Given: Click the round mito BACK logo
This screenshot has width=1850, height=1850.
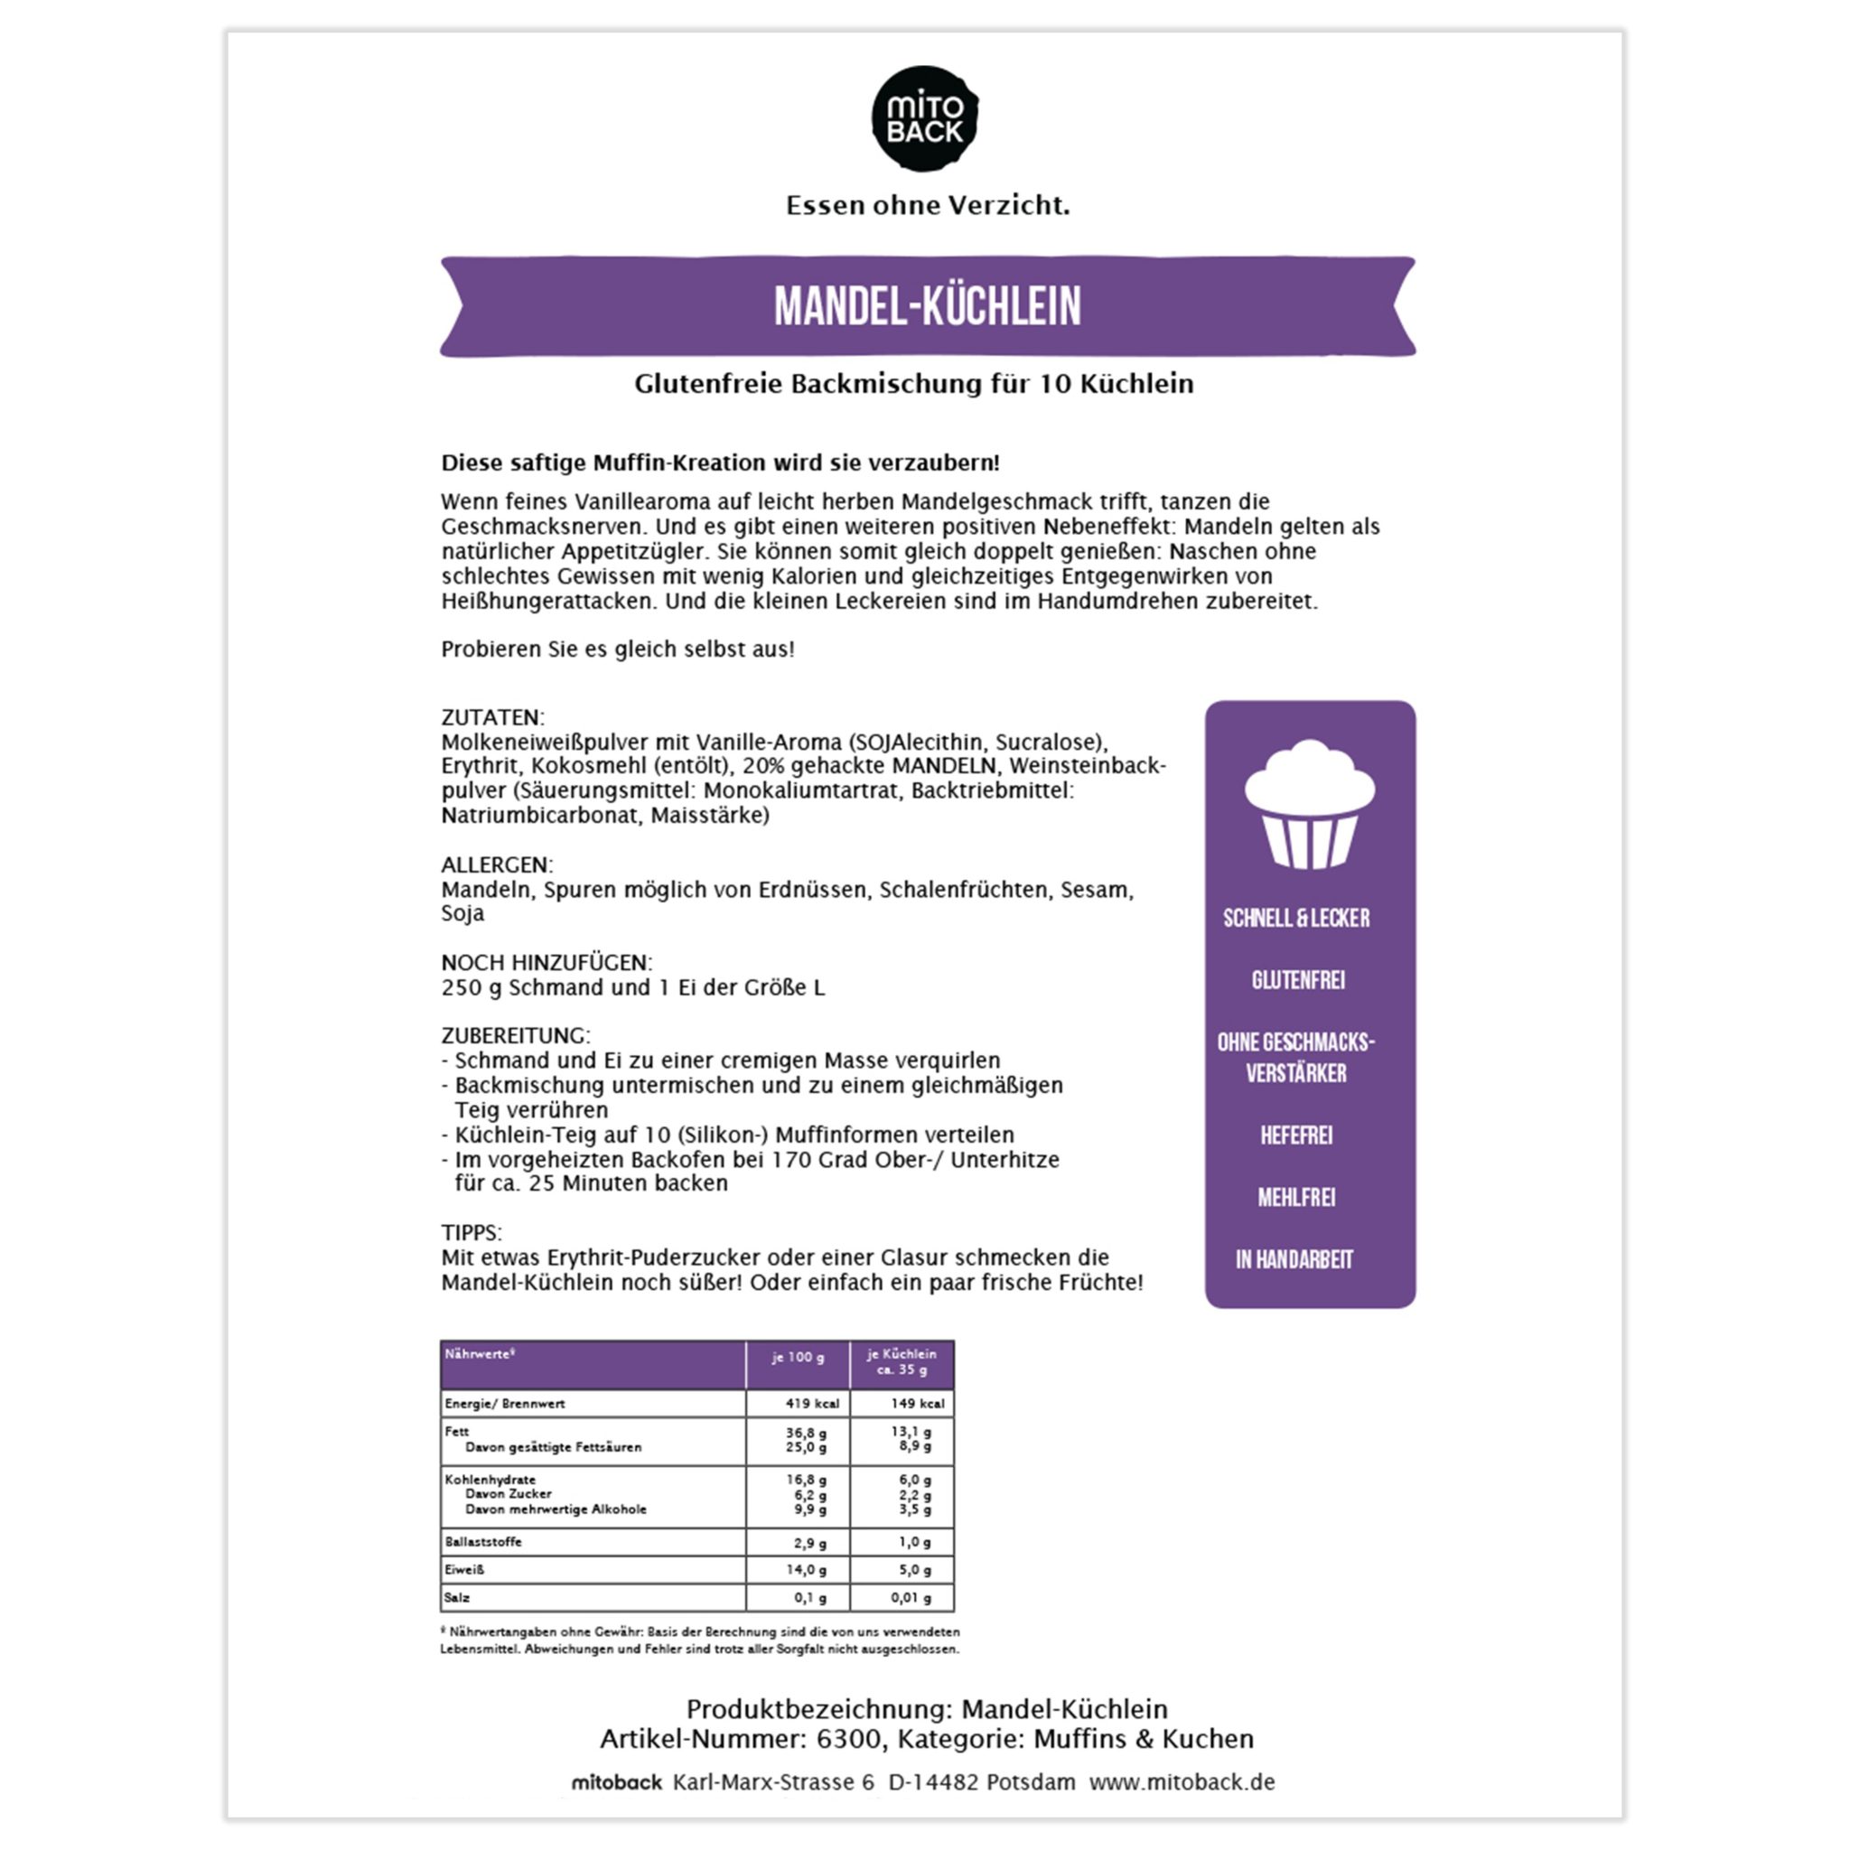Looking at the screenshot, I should tap(924, 118).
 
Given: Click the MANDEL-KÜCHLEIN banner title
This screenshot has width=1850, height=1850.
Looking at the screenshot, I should tap(927, 306).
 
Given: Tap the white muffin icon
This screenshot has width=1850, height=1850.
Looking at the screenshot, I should tap(1309, 803).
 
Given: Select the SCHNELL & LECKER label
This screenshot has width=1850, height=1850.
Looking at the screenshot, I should tap(1295, 919).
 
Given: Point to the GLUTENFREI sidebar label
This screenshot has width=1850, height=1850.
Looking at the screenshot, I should tap(1297, 980).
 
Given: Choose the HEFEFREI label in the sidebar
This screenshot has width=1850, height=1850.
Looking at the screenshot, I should tap(1295, 1135).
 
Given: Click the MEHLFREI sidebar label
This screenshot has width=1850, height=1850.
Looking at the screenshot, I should tap(1295, 1198).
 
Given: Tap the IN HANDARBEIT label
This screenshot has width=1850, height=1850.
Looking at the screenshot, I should tap(1294, 1260).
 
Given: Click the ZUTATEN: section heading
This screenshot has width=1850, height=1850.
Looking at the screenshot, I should tap(492, 717).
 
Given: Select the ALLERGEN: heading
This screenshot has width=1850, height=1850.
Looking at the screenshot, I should tap(496, 864).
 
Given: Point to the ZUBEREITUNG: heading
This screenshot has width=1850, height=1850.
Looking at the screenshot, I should tap(515, 1035).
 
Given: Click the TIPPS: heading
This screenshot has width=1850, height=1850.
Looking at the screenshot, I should tap(472, 1232).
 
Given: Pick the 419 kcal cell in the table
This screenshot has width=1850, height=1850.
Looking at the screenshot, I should tap(812, 1404).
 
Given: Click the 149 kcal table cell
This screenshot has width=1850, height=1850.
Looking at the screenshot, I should tap(916, 1404).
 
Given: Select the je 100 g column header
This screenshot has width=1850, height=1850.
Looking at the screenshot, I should tap(798, 1357).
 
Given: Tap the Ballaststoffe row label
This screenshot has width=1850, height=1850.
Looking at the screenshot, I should tap(482, 1542).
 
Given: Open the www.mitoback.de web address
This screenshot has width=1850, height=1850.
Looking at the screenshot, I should tap(1182, 1782).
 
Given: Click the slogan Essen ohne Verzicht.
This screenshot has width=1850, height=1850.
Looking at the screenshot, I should tap(927, 205).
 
